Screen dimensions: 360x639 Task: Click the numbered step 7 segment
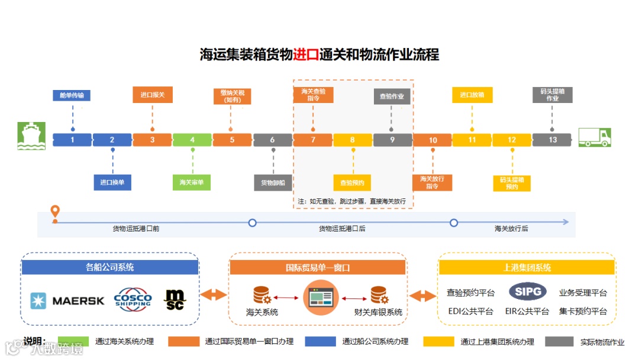click(x=312, y=140)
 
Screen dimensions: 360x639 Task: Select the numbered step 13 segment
click(x=552, y=140)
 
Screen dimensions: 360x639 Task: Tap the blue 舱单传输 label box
click(x=72, y=96)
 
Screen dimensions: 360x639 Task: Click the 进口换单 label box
click(x=112, y=182)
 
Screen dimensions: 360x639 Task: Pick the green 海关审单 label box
click(x=192, y=182)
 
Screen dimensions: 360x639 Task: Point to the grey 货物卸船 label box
click(x=273, y=182)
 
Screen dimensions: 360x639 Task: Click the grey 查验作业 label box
click(x=392, y=96)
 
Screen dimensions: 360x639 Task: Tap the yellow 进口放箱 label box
click(x=472, y=95)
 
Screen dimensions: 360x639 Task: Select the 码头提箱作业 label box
click(x=552, y=95)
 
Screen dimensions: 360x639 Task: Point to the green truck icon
click(x=595, y=137)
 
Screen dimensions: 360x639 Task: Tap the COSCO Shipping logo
click(x=133, y=299)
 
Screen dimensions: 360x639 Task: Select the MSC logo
click(x=176, y=300)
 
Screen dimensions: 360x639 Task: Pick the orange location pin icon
click(x=55, y=212)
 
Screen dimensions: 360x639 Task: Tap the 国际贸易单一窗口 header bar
click(x=318, y=268)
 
